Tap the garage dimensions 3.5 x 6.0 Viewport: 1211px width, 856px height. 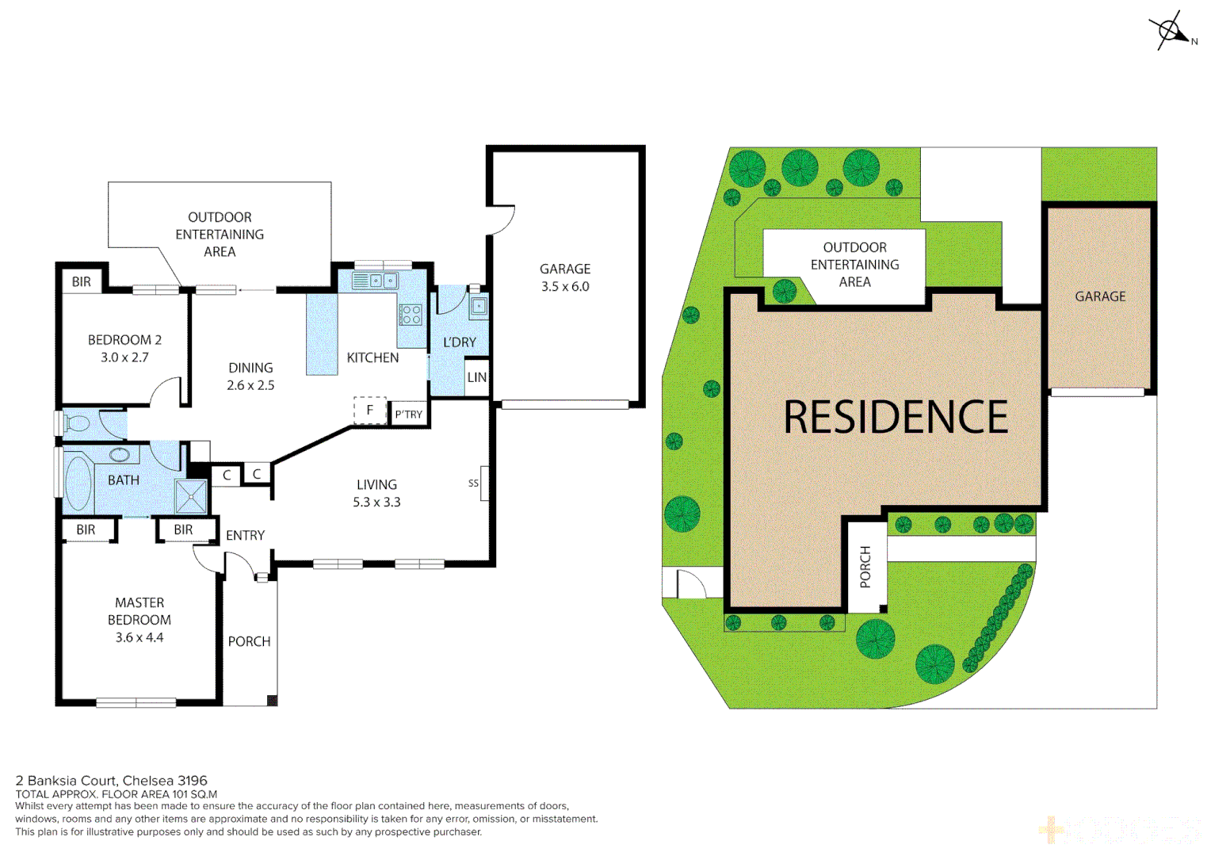point(565,287)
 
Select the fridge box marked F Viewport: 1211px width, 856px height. point(369,411)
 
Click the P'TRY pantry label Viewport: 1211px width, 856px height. point(409,415)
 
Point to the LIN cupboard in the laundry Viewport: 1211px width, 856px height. point(476,378)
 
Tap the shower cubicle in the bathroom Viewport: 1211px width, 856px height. point(191,496)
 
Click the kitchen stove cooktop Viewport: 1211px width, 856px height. point(411,315)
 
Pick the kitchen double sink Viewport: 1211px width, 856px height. point(375,281)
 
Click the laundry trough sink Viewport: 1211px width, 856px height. point(479,306)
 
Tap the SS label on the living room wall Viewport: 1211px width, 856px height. point(474,483)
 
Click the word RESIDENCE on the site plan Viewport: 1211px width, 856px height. point(896,418)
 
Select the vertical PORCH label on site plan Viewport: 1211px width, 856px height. point(865,567)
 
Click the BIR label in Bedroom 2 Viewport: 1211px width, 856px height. point(82,282)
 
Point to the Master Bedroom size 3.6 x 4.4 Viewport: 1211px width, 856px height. point(139,638)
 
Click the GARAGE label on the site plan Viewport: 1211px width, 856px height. point(1100,296)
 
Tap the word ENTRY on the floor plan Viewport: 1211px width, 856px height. point(245,536)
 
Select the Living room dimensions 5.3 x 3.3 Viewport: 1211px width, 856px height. point(376,503)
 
